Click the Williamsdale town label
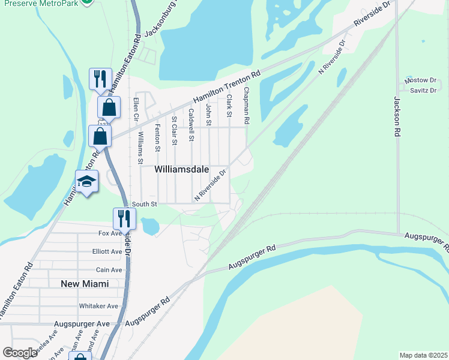pos(182,170)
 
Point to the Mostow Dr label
pos(420,80)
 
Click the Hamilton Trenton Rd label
pos(226,88)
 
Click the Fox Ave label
pos(110,233)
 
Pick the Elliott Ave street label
pos(110,252)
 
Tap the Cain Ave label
pos(110,270)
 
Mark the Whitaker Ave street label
pos(99,306)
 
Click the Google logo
pos(20,353)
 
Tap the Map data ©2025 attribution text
pos(423,355)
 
